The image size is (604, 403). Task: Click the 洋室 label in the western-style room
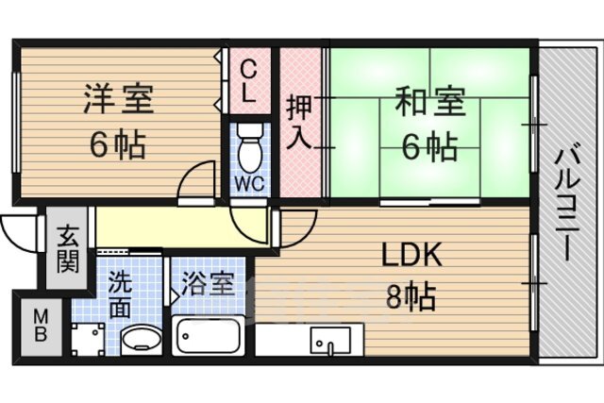pyautogui.click(x=118, y=99)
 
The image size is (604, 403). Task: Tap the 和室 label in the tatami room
pyautogui.click(x=430, y=102)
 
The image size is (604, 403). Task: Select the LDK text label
pyautogui.click(x=411, y=255)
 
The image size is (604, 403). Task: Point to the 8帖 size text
pyautogui.click(x=411, y=296)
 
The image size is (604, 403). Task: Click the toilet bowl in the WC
pyautogui.click(x=249, y=149)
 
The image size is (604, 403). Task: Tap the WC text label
pyautogui.click(x=249, y=184)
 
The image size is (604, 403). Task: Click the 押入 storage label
pyautogui.click(x=299, y=123)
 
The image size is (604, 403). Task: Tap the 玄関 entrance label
pyautogui.click(x=68, y=250)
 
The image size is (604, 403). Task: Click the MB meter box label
pyautogui.click(x=41, y=327)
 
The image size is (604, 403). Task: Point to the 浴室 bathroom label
pyautogui.click(x=208, y=284)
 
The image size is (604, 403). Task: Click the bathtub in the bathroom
pyautogui.click(x=208, y=336)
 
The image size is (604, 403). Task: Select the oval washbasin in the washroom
pyautogui.click(x=142, y=340)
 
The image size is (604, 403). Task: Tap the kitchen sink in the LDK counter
pyautogui.click(x=330, y=340)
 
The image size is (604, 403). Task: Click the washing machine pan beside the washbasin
pyautogui.click(x=88, y=339)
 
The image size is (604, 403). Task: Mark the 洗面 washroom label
pyautogui.click(x=120, y=294)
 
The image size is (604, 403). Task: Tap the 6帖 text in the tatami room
pyautogui.click(x=430, y=147)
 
